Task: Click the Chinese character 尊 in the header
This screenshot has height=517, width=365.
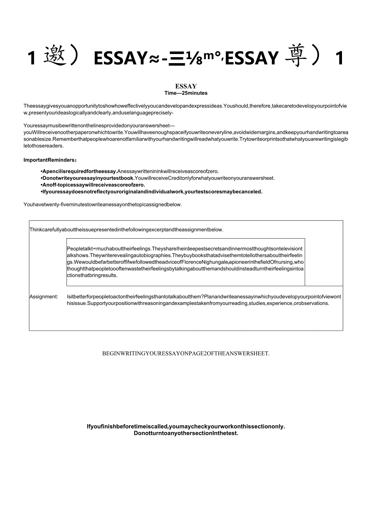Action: (296, 57)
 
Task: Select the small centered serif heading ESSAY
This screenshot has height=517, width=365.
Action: (186, 86)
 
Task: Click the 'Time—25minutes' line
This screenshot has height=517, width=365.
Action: (186, 93)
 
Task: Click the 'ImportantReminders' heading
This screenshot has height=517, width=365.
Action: (50, 160)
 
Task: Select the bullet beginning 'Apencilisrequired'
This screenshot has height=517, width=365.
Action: (129, 172)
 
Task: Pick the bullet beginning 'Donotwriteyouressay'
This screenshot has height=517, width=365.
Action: (158, 178)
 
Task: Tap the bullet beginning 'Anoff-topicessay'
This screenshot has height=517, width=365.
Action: (93, 185)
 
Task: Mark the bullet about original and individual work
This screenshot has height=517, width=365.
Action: (152, 191)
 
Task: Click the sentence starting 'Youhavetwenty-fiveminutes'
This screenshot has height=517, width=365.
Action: (102, 205)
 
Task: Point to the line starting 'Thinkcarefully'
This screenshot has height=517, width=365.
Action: (126, 230)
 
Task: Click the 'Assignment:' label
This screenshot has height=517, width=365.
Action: (44, 297)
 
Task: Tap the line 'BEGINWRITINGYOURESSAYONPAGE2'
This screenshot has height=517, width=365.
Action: (186, 353)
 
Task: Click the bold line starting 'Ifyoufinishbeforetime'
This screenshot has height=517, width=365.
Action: (186, 426)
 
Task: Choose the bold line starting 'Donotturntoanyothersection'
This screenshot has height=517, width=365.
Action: (186, 433)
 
